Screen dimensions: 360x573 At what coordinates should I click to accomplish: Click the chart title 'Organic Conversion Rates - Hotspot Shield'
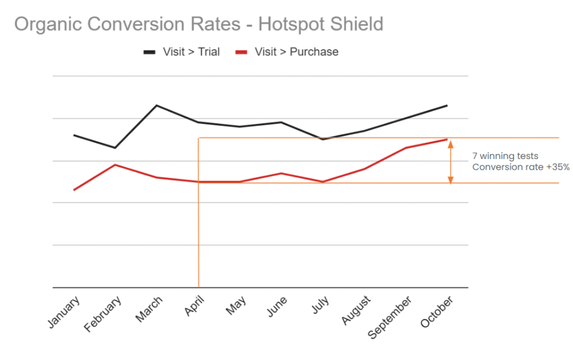[x=199, y=24]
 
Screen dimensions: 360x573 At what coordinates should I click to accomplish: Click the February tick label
[x=104, y=315]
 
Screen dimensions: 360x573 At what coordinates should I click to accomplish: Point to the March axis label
[x=149, y=309]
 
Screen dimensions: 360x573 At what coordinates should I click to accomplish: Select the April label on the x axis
[x=194, y=306]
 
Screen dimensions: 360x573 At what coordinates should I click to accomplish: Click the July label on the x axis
[x=320, y=305]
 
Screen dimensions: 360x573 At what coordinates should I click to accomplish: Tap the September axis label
[x=390, y=317]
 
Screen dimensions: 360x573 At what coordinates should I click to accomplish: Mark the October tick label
[x=435, y=312]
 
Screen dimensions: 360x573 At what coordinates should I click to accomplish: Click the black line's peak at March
[x=156, y=105]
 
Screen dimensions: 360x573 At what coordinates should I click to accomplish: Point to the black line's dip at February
[x=115, y=148]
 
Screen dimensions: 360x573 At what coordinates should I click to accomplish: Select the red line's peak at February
[x=115, y=165]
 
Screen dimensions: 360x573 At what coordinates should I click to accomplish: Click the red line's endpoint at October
[x=447, y=139]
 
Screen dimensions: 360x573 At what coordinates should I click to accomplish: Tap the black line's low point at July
[x=323, y=139]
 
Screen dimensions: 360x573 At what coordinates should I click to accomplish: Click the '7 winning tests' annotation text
[x=505, y=157]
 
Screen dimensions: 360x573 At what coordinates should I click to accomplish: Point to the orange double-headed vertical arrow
[x=450, y=161]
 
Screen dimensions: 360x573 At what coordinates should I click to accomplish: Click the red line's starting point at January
[x=74, y=190]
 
